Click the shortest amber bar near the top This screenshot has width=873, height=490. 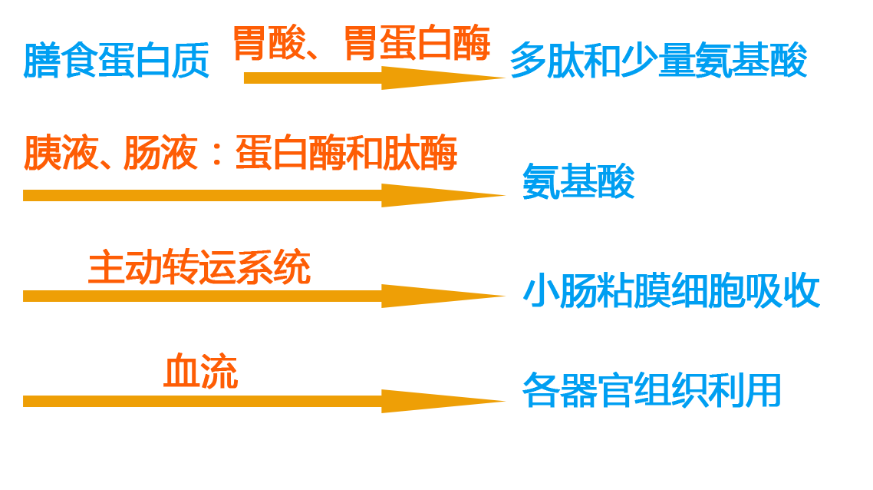click(x=374, y=78)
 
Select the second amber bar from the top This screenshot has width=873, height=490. click(x=265, y=195)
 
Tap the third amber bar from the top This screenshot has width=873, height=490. click(x=265, y=296)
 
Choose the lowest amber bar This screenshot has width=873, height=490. click(x=265, y=400)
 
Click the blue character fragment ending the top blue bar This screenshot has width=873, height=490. click(x=798, y=60)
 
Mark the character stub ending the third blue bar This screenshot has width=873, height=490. click(x=812, y=291)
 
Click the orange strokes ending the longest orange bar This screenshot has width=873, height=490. click(x=446, y=152)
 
